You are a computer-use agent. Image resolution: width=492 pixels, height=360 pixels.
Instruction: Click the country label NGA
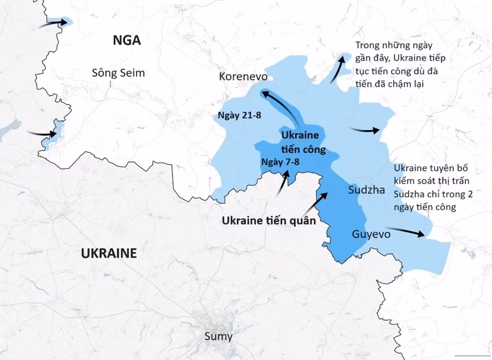[127, 40]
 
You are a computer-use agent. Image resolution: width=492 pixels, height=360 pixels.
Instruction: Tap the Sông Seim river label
[118, 73]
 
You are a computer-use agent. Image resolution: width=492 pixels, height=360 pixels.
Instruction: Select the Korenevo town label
[242, 76]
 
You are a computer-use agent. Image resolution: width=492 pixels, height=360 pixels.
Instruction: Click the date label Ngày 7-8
[280, 161]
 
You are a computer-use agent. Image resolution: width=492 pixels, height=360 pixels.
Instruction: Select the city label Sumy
[219, 336]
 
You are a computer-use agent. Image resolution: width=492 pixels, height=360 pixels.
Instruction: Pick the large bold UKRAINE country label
[109, 253]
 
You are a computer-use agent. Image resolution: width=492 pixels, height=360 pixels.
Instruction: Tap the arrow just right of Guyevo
[410, 232]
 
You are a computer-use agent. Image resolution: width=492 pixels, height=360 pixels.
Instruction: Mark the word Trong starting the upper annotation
[368, 45]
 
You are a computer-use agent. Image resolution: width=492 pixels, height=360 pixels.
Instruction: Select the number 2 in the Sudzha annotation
[470, 194]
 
